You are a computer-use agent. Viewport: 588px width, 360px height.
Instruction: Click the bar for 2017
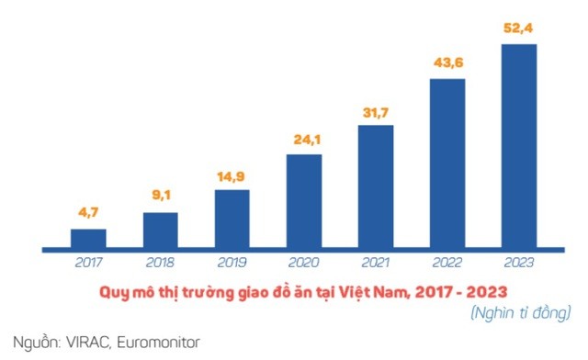[x=88, y=239]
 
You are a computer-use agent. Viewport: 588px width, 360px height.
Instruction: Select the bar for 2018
[x=160, y=230]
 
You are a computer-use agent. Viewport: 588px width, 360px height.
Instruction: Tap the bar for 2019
[x=232, y=219]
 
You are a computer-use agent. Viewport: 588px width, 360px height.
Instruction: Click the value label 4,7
[x=88, y=214]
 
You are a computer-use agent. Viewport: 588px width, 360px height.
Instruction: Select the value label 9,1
[x=160, y=195]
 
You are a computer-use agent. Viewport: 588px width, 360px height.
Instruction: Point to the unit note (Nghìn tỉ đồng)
[x=519, y=314]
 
